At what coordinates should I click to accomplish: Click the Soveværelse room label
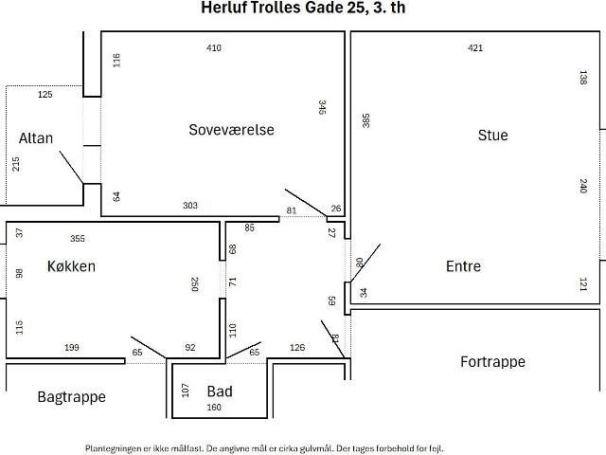click(x=231, y=130)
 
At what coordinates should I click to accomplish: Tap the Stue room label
click(x=492, y=135)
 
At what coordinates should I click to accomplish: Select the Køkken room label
click(x=71, y=266)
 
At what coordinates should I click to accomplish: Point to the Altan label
click(x=36, y=138)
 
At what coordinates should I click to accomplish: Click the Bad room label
click(x=220, y=391)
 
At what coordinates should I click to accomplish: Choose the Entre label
click(x=463, y=266)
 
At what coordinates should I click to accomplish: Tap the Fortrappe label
click(x=492, y=362)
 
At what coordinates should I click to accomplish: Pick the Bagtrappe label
click(x=72, y=397)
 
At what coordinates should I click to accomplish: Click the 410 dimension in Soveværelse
click(x=214, y=48)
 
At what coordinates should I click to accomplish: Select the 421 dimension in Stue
click(x=475, y=48)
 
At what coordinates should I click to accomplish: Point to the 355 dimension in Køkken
click(x=78, y=239)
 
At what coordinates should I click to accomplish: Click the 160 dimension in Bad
click(x=214, y=408)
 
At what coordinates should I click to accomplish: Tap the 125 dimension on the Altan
click(x=45, y=95)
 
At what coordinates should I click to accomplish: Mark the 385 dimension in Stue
click(x=365, y=120)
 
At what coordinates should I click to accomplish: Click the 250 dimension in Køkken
click(x=195, y=284)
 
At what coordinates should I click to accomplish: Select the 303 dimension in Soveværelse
click(x=190, y=205)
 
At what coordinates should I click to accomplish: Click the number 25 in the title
click(x=355, y=8)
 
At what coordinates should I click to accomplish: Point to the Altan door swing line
click(x=71, y=167)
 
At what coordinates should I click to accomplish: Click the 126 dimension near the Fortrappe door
click(x=297, y=348)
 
